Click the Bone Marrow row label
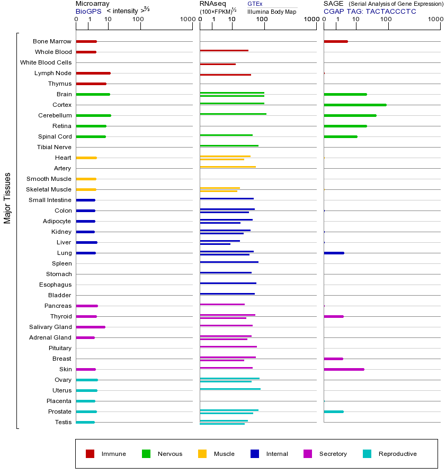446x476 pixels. (52, 41)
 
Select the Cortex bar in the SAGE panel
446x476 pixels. (355, 105)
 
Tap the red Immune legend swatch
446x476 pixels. (90, 454)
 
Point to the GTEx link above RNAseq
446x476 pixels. (255, 4)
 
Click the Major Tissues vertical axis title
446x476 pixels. (7, 198)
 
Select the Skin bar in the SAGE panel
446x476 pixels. (344, 369)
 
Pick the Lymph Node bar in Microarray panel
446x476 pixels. (93, 73)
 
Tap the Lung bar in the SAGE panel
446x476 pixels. (334, 253)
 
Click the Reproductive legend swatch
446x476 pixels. (367, 454)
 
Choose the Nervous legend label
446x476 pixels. (170, 454)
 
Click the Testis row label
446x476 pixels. (63, 422)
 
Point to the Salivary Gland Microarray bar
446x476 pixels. (91, 327)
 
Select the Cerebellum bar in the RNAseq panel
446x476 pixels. (233, 114)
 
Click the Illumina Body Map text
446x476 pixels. (272, 11)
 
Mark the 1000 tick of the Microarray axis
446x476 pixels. (186, 20)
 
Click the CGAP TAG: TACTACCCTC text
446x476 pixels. (370, 11)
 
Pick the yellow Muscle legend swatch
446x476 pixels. (202, 454)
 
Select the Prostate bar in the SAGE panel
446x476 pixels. (334, 411)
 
